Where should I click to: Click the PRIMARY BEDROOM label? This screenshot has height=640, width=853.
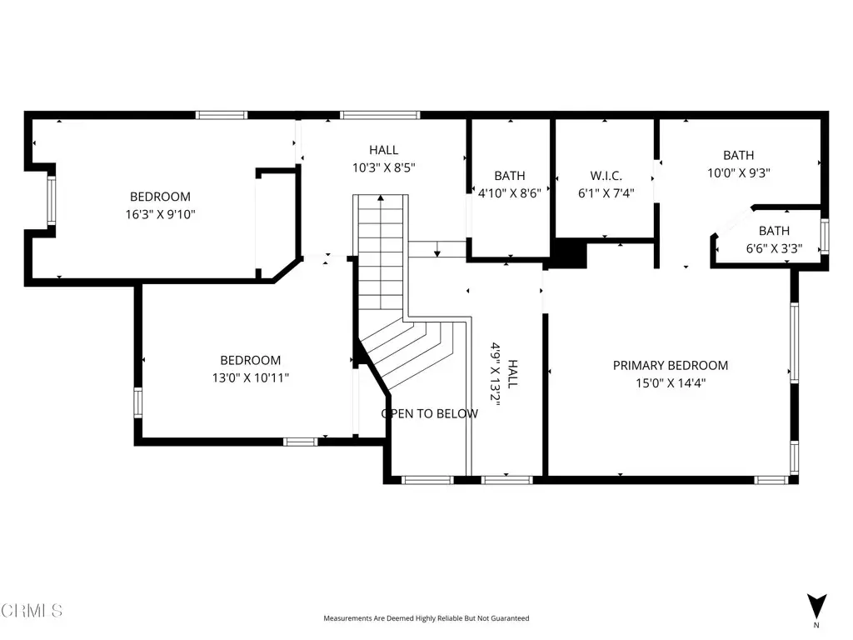[671, 365]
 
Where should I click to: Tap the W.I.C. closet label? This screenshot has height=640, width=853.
[606, 176]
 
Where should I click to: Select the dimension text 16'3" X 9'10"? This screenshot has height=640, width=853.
[160, 214]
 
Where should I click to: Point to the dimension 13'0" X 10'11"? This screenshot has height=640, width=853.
[250, 377]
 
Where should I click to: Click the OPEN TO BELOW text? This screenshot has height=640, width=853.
[430, 413]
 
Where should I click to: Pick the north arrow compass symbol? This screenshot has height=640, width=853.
[816, 607]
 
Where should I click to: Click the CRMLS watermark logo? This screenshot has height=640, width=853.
[32, 610]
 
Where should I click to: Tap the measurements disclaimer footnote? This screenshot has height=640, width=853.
[426, 618]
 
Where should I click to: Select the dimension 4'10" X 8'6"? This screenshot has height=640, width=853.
[510, 192]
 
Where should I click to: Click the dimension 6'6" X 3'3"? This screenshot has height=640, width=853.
[774, 248]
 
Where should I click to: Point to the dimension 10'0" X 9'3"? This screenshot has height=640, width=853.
[739, 172]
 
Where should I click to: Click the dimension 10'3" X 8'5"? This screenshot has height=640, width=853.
[383, 167]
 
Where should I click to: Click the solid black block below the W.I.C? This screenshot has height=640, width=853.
[568, 253]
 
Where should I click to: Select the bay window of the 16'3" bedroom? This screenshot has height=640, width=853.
[51, 200]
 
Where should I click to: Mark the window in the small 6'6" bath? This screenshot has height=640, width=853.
[825, 236]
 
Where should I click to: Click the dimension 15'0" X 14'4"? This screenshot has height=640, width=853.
[671, 382]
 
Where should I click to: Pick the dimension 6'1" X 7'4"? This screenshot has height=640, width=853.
[606, 192]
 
